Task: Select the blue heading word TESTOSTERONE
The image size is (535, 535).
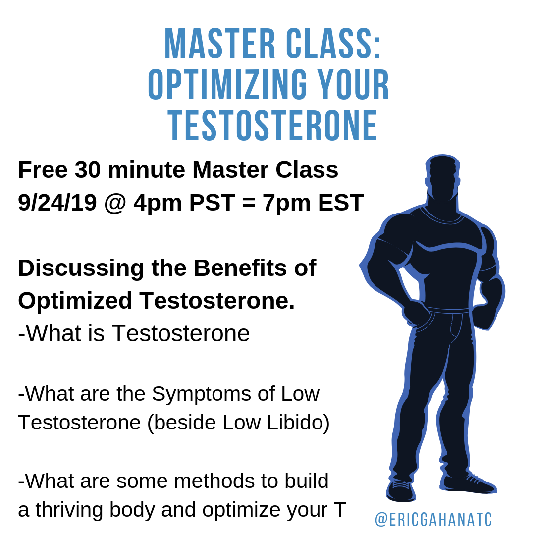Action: pos(273,127)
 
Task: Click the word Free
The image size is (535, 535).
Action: pos(43,170)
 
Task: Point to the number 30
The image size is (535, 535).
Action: pos(88,170)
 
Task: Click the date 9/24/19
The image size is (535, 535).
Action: pos(57,203)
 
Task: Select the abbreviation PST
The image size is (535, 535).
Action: pos(212,203)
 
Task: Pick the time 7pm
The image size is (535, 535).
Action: pos(284,203)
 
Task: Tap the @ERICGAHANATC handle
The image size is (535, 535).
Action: pos(433,520)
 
